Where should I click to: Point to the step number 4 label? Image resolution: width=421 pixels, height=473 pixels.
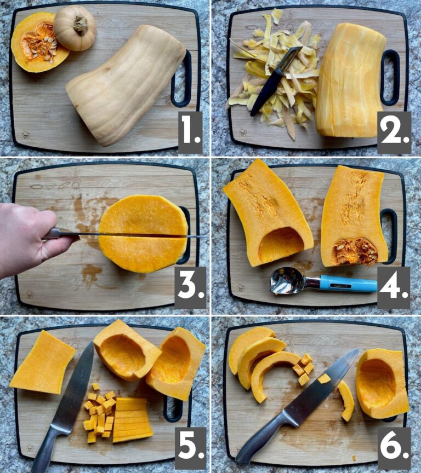tap(394, 287)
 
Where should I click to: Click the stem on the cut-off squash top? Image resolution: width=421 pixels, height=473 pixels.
tap(81, 25)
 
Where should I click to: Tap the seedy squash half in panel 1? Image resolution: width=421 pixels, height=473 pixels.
tap(38, 42)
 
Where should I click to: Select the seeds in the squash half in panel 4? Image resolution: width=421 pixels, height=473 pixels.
tap(354, 251)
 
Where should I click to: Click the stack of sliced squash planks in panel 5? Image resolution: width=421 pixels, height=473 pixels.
tap(132, 419)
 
